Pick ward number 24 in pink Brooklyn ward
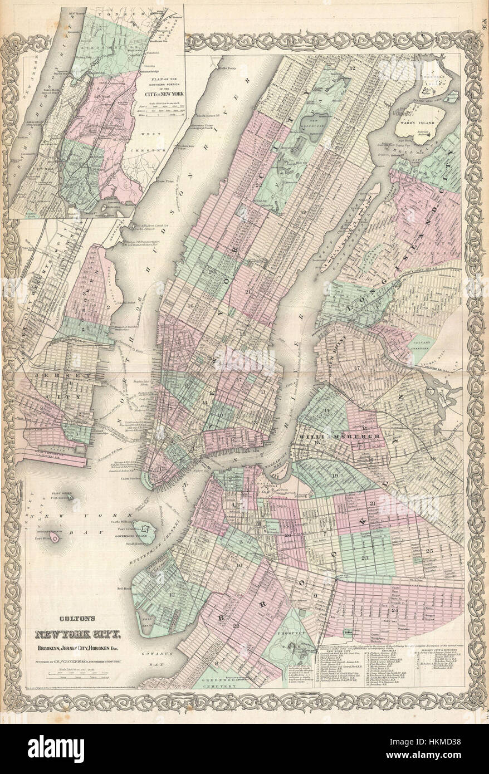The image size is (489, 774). (x=395, y=610)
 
